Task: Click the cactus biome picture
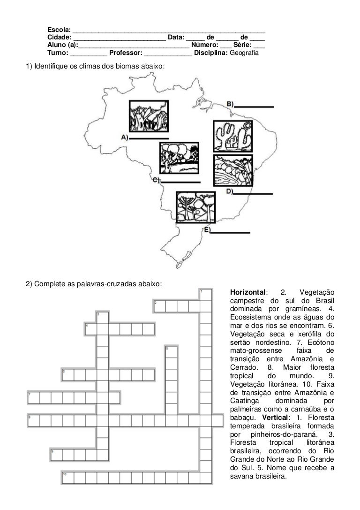pos(233,136)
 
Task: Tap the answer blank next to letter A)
pos(149,138)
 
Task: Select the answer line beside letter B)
pos(254,107)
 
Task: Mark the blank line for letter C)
pos(180,182)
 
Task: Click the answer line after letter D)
pos(253,194)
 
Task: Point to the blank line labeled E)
pos(230,233)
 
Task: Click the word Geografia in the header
pos(244,53)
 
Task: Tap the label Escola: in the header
pos(59,30)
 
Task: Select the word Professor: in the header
pos(126,53)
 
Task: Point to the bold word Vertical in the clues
pos(275,417)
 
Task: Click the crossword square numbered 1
pos(206,295)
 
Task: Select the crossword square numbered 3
pos(102,318)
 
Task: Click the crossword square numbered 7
pos(33,398)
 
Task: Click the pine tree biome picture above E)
pos(195,207)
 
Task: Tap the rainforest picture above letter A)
pos(149,116)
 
